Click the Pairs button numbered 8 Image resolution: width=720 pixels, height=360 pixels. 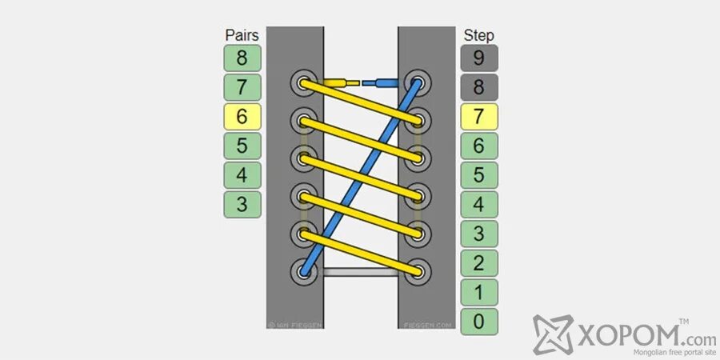pyautogui.click(x=242, y=58)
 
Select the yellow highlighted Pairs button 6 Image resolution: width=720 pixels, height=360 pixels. pyautogui.click(x=242, y=117)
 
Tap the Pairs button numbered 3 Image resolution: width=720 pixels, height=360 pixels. pyautogui.click(x=242, y=204)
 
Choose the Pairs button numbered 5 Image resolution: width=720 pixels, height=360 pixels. pyautogui.click(x=242, y=146)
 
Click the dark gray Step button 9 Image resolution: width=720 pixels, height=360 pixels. pyautogui.click(x=478, y=58)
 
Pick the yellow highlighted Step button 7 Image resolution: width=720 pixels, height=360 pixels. pyautogui.click(x=478, y=117)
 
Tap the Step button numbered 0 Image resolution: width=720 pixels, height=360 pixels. pyautogui.click(x=478, y=322)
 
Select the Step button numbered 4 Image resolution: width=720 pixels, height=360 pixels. pyautogui.click(x=478, y=204)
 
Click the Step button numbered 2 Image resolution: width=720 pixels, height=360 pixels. pyautogui.click(x=478, y=263)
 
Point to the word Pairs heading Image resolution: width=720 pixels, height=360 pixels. pyautogui.click(x=242, y=35)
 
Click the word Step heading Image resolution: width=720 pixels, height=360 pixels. pyautogui.click(x=478, y=35)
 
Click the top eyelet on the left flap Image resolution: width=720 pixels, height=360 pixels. pyautogui.click(x=304, y=82)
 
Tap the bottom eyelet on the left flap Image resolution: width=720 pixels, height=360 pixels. pyautogui.click(x=304, y=271)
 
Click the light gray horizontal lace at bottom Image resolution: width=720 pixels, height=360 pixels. pyautogui.click(x=360, y=273)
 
